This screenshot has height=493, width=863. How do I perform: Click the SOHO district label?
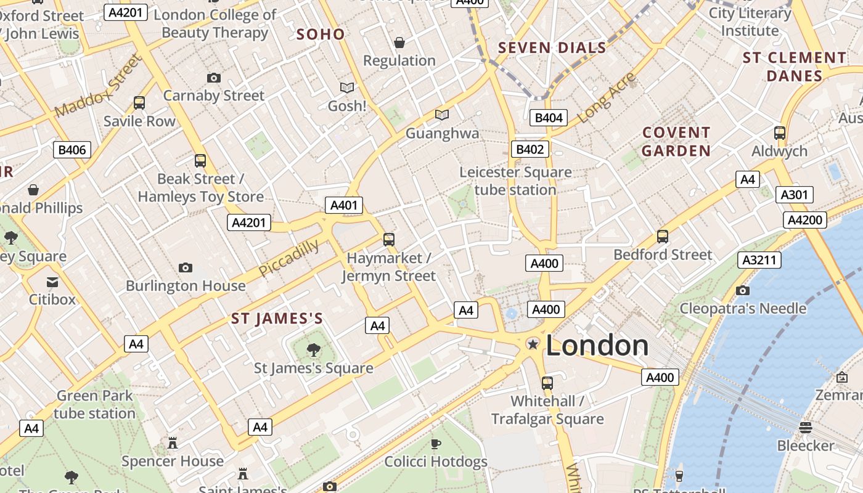coord(321,34)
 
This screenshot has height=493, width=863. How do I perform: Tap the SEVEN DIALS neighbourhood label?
coord(552,47)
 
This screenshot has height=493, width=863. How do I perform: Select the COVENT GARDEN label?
coord(676,142)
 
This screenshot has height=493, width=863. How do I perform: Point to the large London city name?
coord(597,346)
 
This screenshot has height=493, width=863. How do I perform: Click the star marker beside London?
coord(532,344)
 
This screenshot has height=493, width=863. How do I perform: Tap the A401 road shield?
coord(344,205)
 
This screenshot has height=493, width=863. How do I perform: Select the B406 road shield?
coord(72,149)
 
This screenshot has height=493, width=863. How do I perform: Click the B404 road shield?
coord(548,117)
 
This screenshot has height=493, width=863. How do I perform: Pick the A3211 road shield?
coord(759,260)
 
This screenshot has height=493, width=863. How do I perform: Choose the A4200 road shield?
coord(805,220)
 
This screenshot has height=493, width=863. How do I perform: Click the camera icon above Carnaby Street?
coord(214,78)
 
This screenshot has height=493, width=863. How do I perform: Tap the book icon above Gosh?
coord(347,88)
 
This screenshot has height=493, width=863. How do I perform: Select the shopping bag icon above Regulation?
coord(399,43)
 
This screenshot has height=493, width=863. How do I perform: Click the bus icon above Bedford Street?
coord(663,236)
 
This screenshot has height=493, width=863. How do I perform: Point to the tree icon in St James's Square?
coord(314,350)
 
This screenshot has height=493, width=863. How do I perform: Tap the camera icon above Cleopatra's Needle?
coord(743,290)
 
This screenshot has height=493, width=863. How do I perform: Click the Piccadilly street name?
coord(288,258)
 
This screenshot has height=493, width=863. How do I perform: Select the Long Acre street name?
coord(607,97)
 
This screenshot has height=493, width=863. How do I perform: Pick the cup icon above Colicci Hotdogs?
coord(436,444)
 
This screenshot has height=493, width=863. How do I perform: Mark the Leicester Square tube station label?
coord(515,181)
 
